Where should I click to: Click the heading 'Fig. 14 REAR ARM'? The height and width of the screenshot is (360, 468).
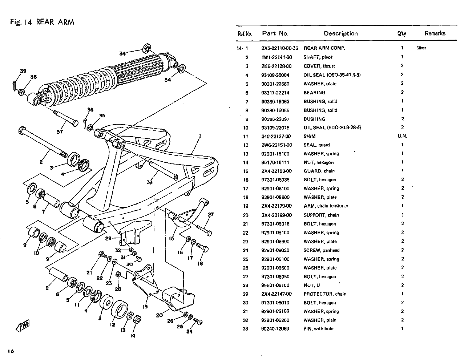42,22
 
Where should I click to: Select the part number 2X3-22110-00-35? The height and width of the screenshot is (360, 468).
279,48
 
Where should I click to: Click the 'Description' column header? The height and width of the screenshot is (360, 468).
340,34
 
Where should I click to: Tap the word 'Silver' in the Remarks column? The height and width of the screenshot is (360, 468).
421,48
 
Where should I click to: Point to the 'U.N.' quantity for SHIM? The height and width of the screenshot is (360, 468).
402,136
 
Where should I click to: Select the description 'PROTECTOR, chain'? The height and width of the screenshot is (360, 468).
325,294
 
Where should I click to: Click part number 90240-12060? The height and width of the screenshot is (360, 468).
275,329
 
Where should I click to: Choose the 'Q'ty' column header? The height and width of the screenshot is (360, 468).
402,34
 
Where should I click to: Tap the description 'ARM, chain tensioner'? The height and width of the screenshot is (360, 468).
326,206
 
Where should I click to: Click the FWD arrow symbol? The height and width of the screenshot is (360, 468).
23,325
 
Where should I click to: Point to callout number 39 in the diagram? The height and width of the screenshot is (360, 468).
23,71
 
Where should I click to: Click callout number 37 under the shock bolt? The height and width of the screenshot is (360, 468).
60,132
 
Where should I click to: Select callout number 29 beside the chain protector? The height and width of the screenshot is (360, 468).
108,239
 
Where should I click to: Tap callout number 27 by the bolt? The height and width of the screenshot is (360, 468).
211,215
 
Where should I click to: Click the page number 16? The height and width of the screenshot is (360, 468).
10,351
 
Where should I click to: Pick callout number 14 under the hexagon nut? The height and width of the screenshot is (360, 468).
133,336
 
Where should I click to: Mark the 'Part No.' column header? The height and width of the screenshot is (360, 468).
275,34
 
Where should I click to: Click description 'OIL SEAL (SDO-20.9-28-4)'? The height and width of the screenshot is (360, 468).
332,128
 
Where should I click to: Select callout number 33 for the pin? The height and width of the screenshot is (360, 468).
149,182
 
